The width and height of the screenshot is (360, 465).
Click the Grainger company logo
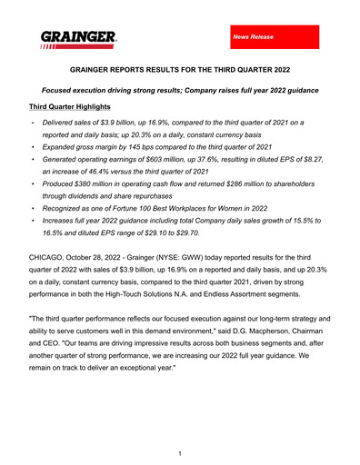click(77, 39)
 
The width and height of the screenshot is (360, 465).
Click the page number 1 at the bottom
click(180, 451)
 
